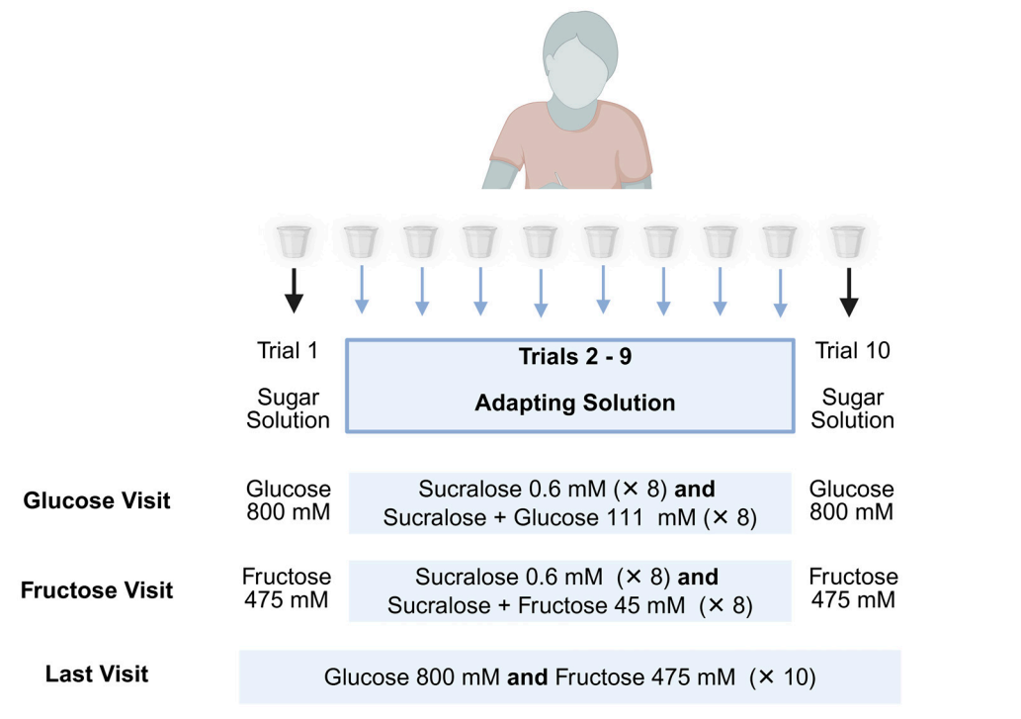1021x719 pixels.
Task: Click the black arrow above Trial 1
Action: pos(294,290)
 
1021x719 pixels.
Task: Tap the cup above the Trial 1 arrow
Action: pos(294,240)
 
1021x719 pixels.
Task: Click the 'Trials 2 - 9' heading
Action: pos(574,357)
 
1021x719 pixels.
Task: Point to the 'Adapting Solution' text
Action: pos(574,404)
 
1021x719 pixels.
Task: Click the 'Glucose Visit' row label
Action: pos(97,500)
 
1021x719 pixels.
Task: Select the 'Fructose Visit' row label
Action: pos(97,590)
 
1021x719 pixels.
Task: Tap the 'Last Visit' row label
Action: pos(97,674)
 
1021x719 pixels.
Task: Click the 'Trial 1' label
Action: pos(288,351)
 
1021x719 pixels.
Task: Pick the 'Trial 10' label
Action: pos(852,351)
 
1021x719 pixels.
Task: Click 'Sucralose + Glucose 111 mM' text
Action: pos(539,517)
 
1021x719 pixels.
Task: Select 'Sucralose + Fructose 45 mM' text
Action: pos(537,605)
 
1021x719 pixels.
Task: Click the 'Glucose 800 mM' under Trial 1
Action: pos(289,500)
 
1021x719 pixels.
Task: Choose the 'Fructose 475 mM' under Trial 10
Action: pos(853,588)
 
